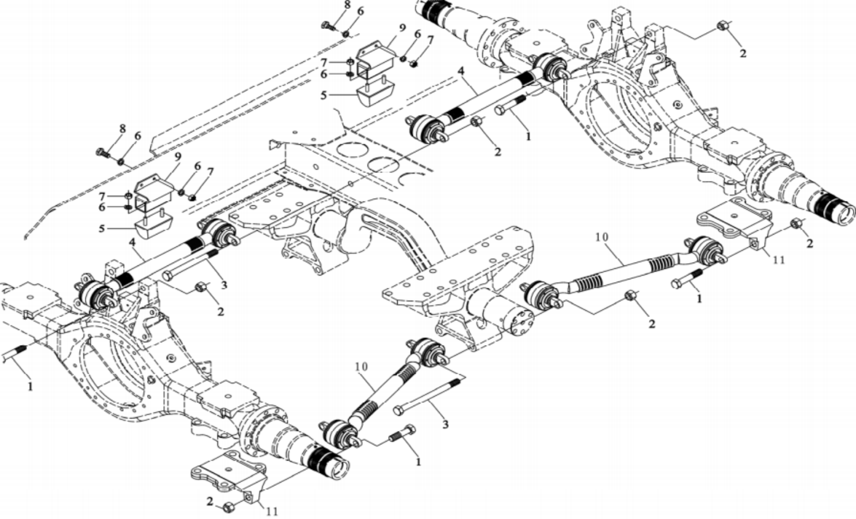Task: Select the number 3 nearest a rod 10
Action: point(445,424)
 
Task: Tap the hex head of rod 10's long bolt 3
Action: point(398,411)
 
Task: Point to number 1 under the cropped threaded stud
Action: point(30,387)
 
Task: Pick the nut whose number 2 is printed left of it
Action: point(228,507)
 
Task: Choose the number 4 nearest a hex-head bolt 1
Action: point(461,71)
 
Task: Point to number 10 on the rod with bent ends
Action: point(601,237)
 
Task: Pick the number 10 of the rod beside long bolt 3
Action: point(361,367)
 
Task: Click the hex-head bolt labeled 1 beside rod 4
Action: point(510,105)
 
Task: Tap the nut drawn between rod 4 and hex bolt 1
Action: point(477,122)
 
